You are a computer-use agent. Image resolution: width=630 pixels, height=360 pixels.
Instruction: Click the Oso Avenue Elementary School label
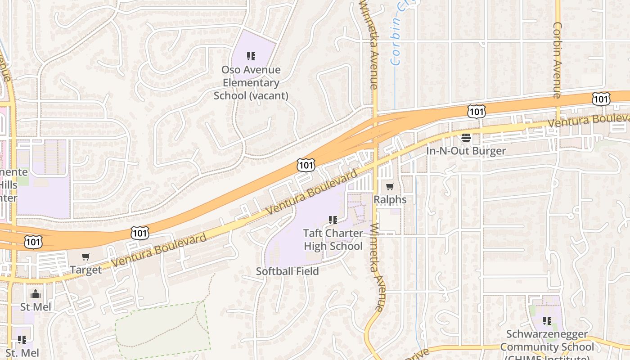[x=251, y=83]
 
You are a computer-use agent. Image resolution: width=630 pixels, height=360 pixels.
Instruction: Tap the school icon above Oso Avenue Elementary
[x=251, y=56]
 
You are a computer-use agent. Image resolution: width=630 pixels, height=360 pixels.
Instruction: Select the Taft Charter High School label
[x=333, y=239]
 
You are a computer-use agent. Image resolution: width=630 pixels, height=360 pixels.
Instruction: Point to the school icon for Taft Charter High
[x=333, y=220]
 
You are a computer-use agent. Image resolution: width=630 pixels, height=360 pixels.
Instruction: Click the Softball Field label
[x=287, y=271]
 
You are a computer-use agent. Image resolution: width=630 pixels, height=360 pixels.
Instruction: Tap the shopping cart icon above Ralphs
[x=390, y=186]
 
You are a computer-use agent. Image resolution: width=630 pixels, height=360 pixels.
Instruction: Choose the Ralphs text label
[x=390, y=199]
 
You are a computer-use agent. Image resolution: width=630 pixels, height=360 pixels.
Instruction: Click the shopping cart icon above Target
[x=86, y=257]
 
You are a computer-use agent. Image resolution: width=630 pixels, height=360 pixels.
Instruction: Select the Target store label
[x=86, y=270]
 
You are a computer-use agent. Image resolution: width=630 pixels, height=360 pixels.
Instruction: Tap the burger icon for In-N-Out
[x=466, y=137]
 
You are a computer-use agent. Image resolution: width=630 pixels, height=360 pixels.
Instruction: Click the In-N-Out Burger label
[x=466, y=151]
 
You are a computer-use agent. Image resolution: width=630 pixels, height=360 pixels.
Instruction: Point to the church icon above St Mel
[x=36, y=294]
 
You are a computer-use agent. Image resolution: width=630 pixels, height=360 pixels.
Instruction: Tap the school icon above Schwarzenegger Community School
[x=547, y=321]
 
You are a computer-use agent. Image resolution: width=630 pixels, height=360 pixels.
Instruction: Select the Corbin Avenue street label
[x=557, y=60]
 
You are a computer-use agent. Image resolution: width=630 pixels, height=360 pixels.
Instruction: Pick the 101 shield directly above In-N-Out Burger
[x=476, y=111]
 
